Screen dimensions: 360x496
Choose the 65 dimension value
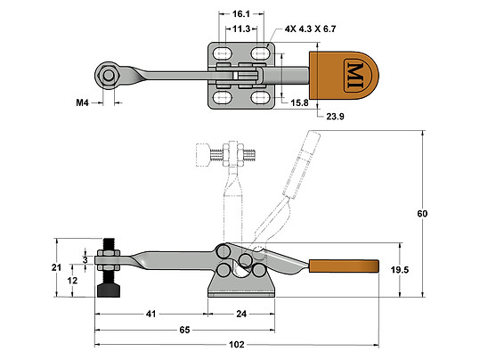point(185,330)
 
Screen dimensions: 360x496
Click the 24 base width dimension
point(243,314)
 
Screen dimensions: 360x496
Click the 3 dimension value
point(85,259)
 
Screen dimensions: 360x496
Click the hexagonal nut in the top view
point(109,77)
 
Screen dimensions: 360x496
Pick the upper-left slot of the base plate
point(223,55)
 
